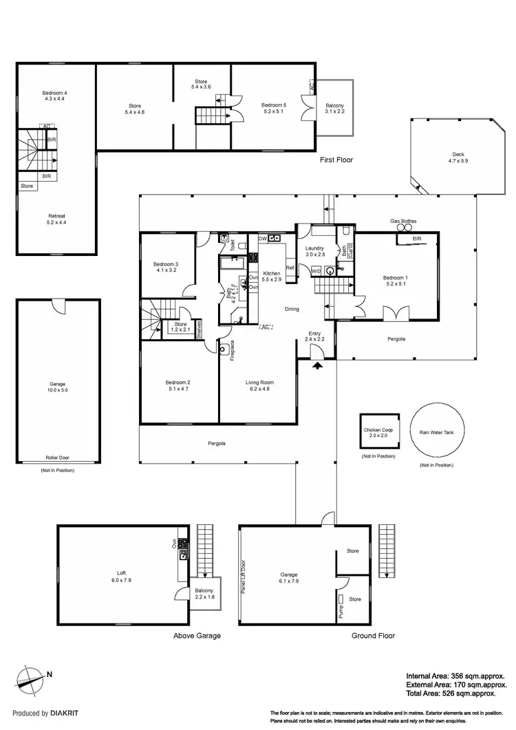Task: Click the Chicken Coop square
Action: tap(378, 433)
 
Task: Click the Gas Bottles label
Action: tap(403, 221)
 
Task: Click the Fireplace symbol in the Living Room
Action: tap(225, 349)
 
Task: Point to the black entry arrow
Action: tap(317, 367)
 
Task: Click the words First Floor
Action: tap(336, 160)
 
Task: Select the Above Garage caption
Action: tap(197, 636)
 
